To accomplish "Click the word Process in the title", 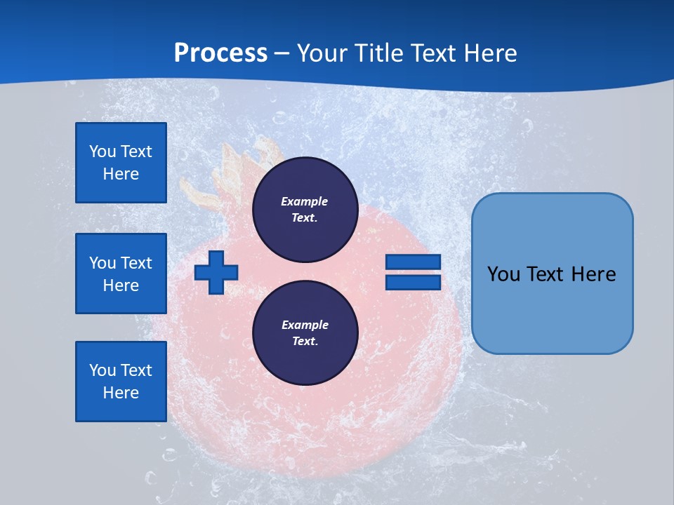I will click(220, 53).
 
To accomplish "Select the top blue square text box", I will click(121, 163).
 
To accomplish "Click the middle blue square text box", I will click(121, 274).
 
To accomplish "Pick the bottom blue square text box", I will click(121, 382).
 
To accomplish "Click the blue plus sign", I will click(216, 272).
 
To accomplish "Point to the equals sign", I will click(413, 272).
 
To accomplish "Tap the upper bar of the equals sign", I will click(413, 262).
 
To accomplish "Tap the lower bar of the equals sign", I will click(413, 283).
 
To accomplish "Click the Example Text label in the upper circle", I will click(305, 209).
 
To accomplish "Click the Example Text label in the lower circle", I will click(305, 333).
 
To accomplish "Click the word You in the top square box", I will click(103, 151).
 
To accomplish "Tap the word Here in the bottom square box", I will click(121, 393).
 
